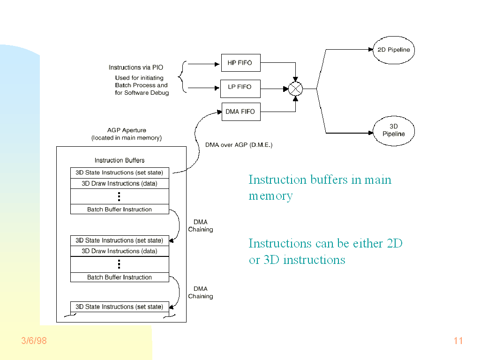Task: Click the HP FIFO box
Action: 240,63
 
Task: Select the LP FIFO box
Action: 240,87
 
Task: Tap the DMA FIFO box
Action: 240,112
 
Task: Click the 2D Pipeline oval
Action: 394,50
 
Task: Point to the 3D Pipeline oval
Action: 394,130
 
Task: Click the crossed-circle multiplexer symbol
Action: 295,88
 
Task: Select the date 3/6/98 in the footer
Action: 34,341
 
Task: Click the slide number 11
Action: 458,341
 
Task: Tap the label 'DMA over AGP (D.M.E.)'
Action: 239,145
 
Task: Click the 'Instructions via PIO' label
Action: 136,67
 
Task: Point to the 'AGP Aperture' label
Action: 127,130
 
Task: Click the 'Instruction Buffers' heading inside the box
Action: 120,160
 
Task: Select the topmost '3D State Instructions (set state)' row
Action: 120,172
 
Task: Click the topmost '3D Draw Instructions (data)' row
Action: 120,184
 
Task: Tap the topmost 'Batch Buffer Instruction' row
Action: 120,210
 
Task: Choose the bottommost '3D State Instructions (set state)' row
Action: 120,307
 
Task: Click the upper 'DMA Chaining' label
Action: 201,225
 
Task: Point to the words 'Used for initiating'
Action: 139,78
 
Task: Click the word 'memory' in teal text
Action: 270,196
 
